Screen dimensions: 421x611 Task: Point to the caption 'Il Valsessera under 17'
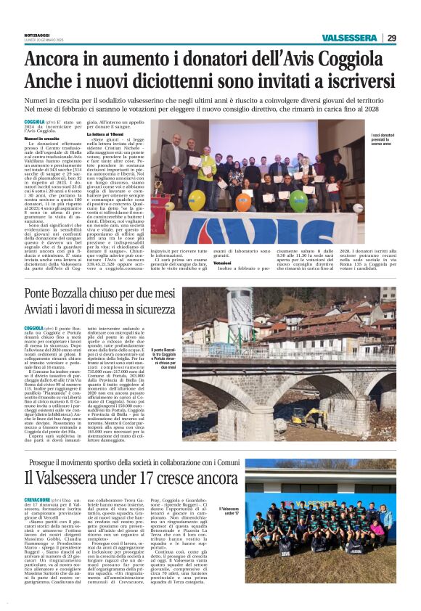[248, 512]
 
